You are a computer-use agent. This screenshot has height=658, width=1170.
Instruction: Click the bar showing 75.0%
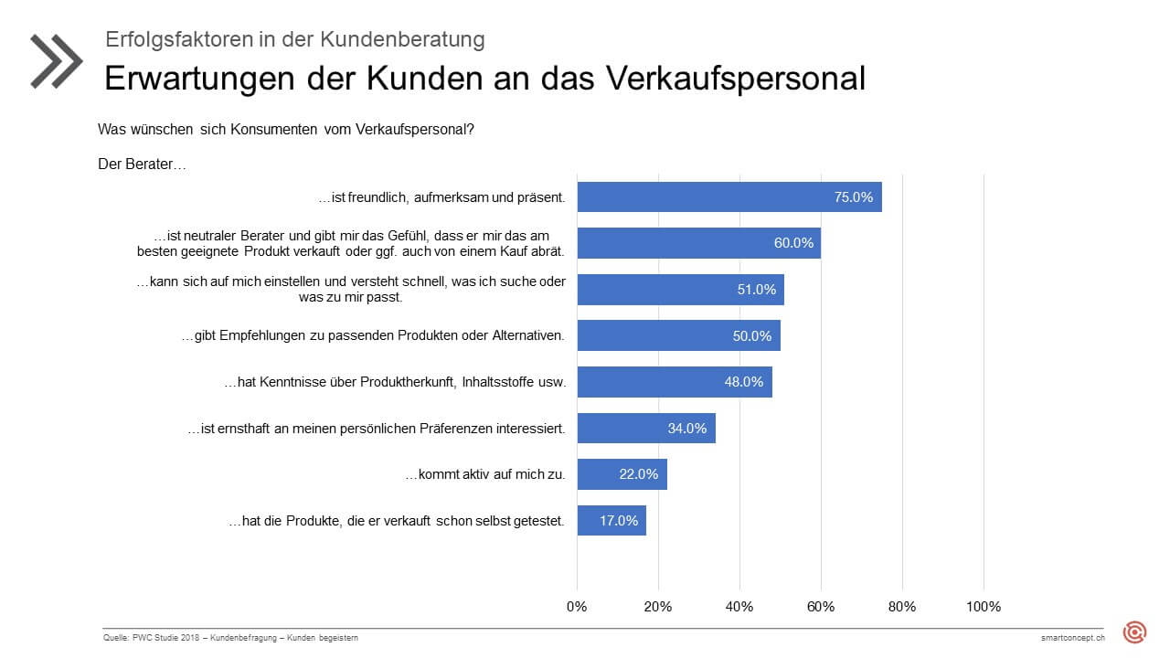tap(729, 196)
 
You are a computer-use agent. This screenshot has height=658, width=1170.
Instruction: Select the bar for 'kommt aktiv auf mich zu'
tap(622, 474)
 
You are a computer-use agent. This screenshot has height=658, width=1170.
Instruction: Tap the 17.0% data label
tap(619, 520)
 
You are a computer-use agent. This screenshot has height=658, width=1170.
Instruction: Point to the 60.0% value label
tap(793, 243)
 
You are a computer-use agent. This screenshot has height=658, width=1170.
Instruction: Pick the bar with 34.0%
tap(645, 428)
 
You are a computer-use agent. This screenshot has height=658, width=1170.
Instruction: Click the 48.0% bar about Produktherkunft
tap(674, 382)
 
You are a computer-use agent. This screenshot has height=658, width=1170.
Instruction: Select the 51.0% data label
tap(756, 290)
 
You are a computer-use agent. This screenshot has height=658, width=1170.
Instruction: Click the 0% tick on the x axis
tap(577, 606)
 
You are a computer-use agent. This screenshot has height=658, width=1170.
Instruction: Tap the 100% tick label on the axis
tap(984, 606)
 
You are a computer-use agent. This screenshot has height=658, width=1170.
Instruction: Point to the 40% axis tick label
tap(739, 606)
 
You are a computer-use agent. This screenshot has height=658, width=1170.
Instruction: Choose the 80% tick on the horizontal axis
tap(902, 606)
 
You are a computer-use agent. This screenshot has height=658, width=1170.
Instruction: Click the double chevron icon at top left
tap(56, 61)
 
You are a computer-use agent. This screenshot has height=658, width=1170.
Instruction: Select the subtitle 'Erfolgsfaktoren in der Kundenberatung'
tap(294, 39)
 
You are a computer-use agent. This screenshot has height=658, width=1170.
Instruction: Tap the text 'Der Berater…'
tap(142, 164)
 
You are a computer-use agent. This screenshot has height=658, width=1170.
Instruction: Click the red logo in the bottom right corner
tap(1134, 631)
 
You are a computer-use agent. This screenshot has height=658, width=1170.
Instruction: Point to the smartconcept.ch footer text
tap(1072, 637)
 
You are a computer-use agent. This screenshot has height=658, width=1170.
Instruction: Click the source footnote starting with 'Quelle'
tap(230, 637)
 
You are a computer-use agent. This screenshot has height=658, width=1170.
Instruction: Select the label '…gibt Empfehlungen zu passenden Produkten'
tap(373, 336)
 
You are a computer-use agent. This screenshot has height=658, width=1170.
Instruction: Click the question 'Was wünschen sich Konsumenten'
tap(285, 130)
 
